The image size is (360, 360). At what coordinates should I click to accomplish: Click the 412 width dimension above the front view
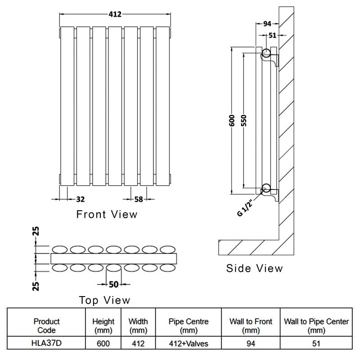pos(115,14)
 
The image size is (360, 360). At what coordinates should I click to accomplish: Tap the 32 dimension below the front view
pos(81,198)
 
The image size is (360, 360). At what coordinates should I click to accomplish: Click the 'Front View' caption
pos(107,214)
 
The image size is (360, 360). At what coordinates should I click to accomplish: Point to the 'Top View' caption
pos(104,300)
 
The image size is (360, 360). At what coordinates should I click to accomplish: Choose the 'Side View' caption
pos(255,269)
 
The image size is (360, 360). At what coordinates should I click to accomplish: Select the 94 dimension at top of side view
pos(267,24)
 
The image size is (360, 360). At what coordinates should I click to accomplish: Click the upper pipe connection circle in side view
pos(266,53)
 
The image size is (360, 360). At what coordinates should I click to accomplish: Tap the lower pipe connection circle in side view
pos(266,189)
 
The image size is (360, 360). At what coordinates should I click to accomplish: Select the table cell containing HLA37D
pos(47,344)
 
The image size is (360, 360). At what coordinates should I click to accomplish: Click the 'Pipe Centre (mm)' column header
pos(188,326)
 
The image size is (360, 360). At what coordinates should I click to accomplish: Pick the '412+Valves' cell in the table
pos(188,344)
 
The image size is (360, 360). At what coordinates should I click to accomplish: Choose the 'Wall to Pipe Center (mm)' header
pos(315,326)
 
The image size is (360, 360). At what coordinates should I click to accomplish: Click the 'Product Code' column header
pos(47,326)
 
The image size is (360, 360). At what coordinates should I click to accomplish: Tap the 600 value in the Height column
pos(103,344)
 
